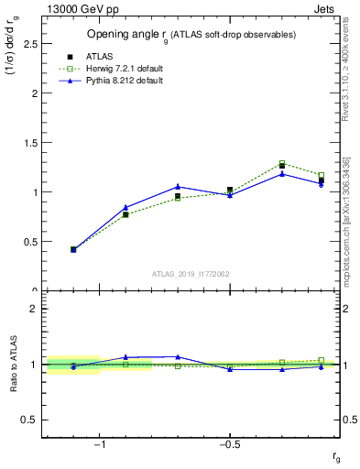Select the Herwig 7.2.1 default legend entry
(x=125, y=69)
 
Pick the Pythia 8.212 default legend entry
(x=125, y=81)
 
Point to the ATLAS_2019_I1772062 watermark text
(x=191, y=273)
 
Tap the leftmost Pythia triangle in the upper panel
(x=73, y=249)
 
